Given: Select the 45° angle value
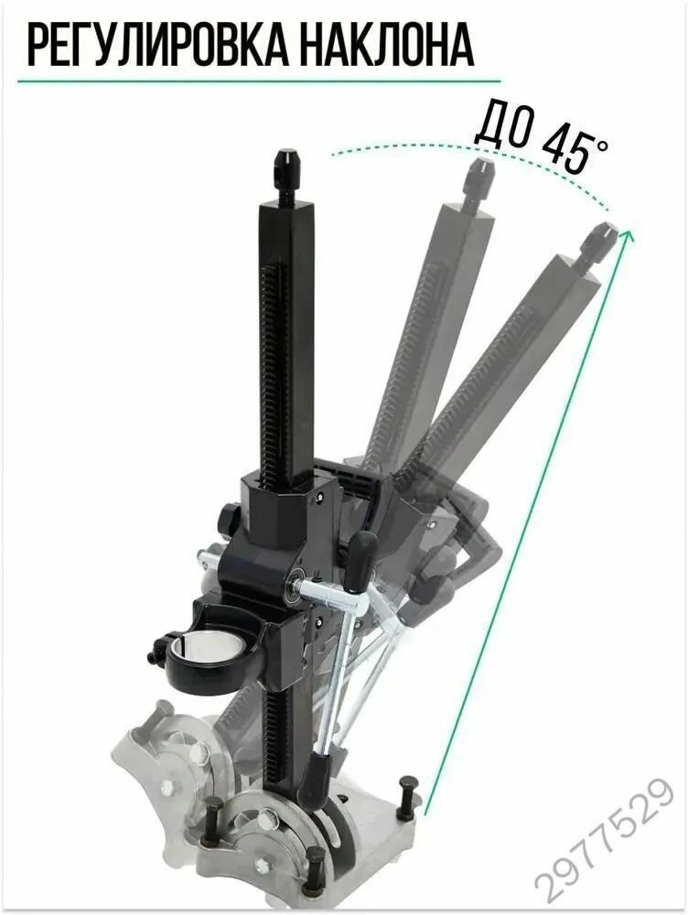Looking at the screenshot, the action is tap(573, 145).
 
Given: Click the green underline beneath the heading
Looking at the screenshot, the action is tap(259, 80).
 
